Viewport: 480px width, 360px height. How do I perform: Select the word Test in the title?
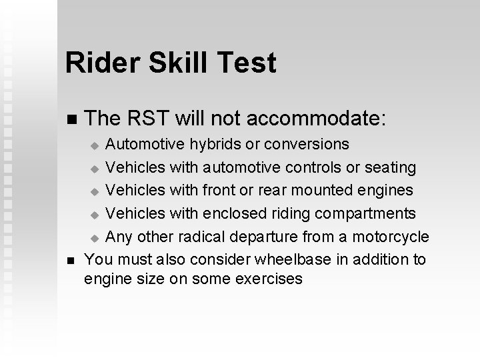click(x=248, y=63)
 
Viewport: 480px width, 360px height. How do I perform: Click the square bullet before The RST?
click(x=72, y=120)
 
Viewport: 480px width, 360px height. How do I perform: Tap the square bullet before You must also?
click(x=72, y=258)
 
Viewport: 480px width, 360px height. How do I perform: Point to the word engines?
click(x=385, y=190)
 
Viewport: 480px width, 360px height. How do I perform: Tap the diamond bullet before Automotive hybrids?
click(x=95, y=145)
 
